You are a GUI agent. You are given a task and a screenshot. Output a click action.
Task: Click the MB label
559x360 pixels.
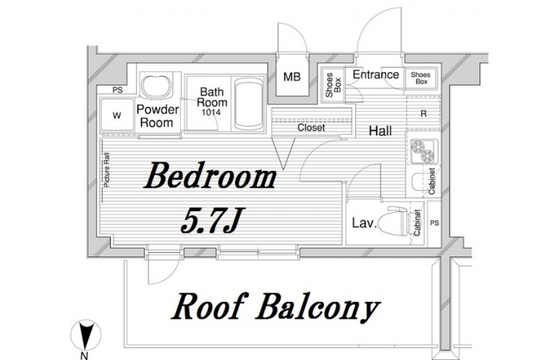[x=292, y=77]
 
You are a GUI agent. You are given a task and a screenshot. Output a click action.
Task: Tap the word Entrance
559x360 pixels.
[x=376, y=75]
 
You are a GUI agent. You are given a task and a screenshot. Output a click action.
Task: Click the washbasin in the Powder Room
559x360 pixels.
[x=155, y=86]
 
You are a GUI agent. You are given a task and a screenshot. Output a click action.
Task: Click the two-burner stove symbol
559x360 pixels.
[x=423, y=151]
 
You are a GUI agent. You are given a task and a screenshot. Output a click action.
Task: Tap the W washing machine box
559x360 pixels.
[x=117, y=115]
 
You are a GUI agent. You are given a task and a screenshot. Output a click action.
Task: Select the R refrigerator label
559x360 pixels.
[x=423, y=113]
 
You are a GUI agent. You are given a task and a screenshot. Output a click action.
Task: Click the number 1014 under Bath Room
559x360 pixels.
[x=211, y=113]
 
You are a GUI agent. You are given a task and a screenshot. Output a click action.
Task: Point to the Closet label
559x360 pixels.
[x=311, y=127]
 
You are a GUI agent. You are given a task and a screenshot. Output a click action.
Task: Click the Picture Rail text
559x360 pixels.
[x=106, y=170]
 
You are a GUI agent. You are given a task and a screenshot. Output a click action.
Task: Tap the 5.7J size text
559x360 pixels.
[x=211, y=221]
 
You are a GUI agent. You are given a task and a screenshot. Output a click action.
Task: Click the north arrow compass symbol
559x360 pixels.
[x=84, y=335]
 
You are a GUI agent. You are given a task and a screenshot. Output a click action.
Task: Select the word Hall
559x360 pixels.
[x=380, y=131]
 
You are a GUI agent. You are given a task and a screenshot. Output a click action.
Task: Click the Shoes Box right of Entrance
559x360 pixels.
[x=420, y=78]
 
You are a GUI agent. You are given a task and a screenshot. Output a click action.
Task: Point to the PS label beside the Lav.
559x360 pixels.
[x=434, y=223]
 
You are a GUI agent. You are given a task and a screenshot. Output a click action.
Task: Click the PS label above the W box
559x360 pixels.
[x=117, y=90]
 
